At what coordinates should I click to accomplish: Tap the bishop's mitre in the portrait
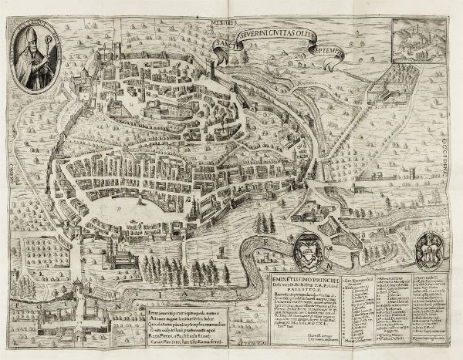click(36, 39)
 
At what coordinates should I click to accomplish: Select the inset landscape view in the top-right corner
click(420, 42)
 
